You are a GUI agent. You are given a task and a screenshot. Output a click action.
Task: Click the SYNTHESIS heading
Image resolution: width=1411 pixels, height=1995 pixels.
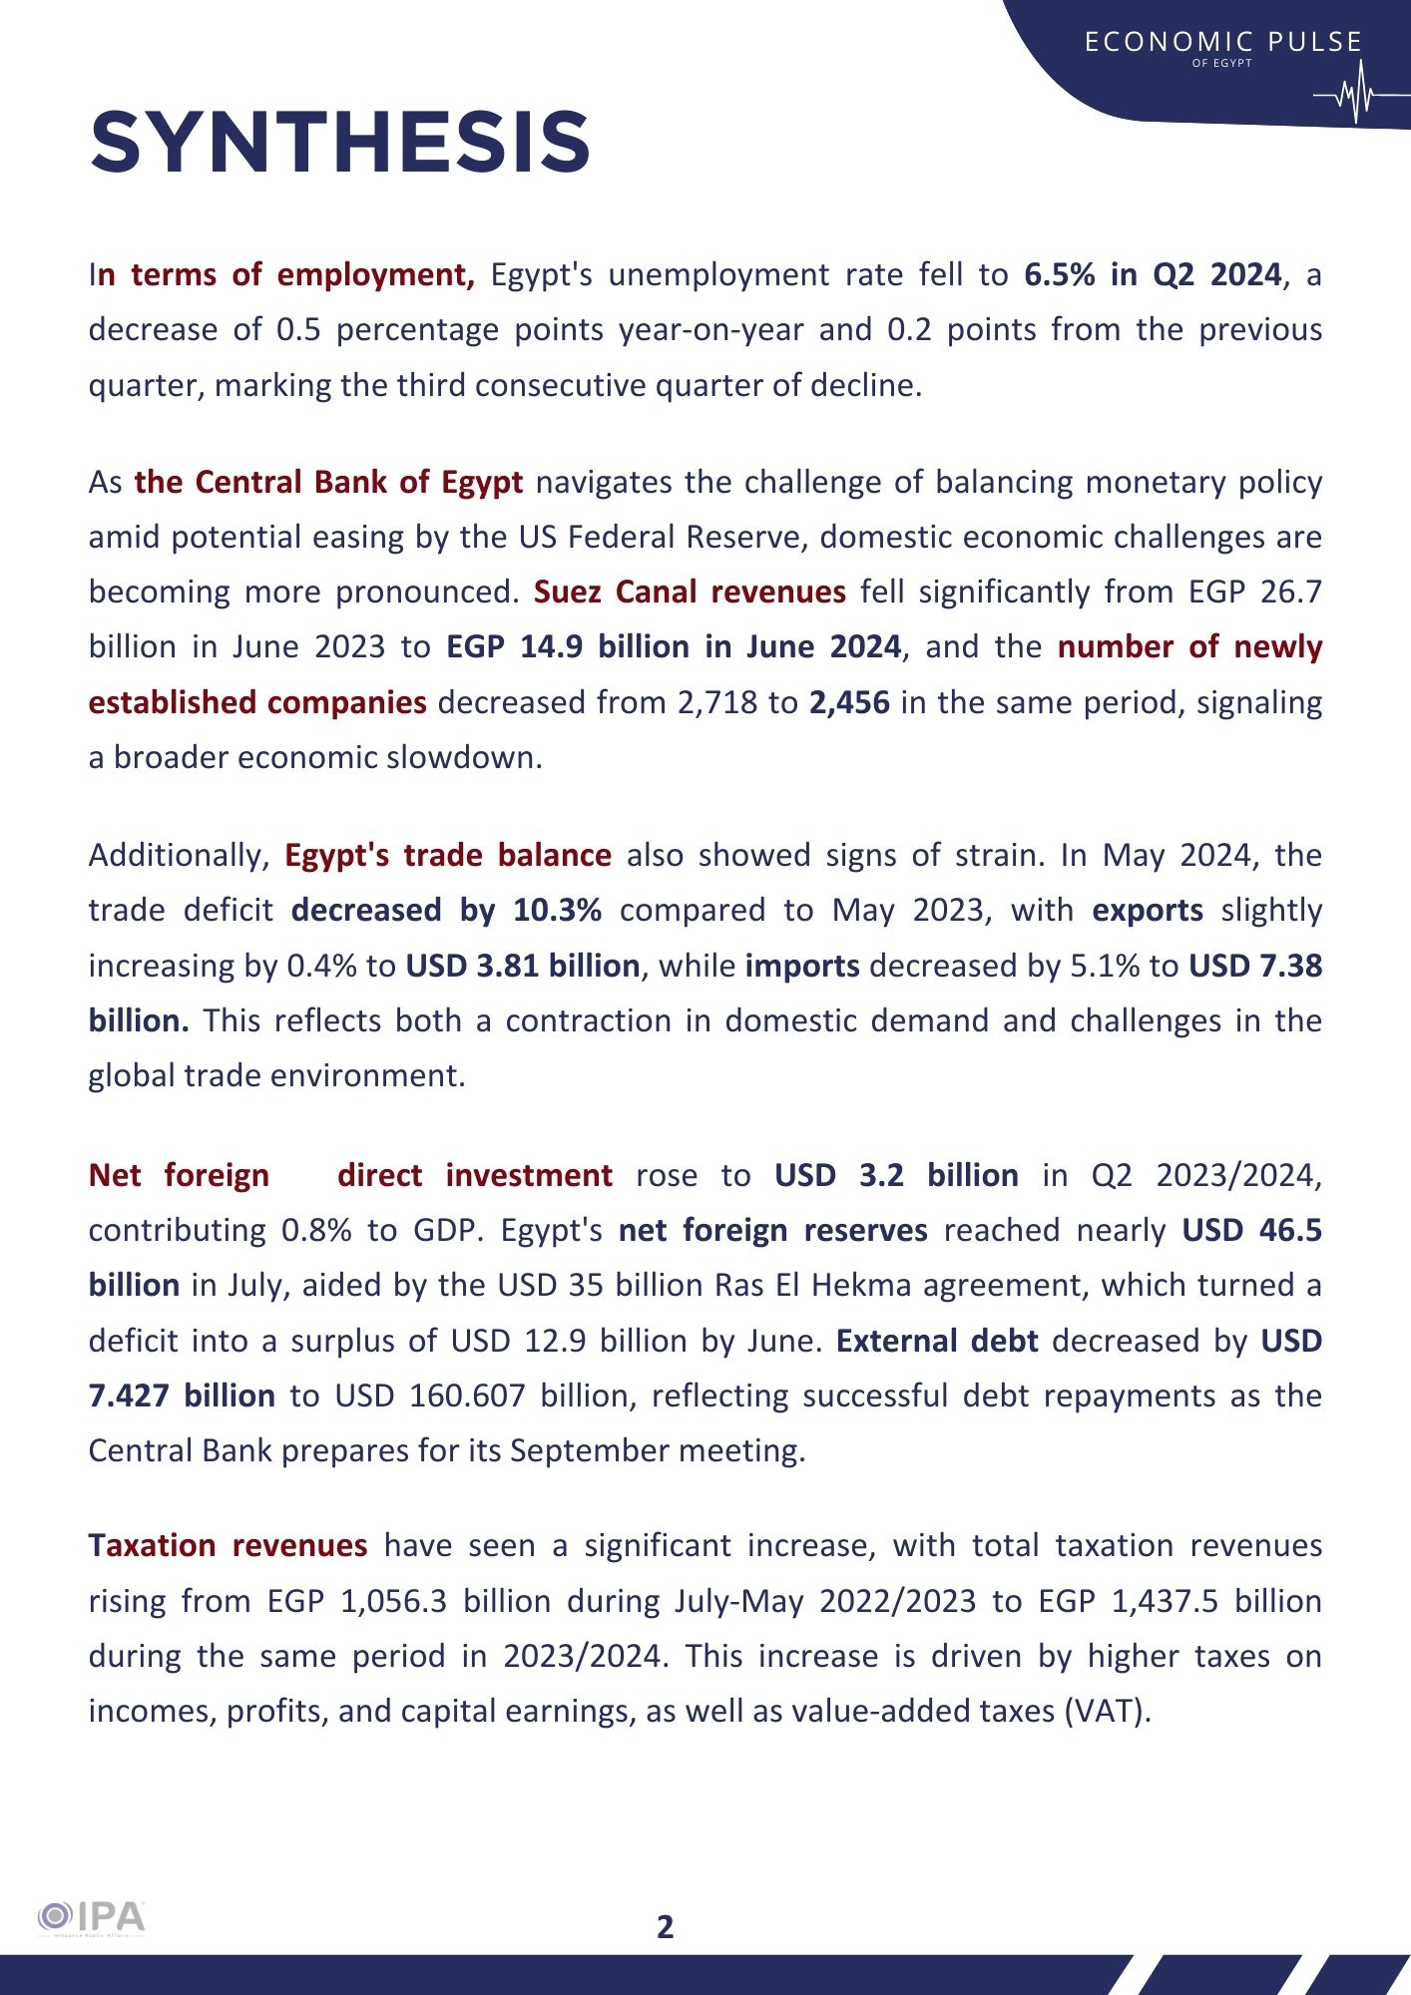point(340,143)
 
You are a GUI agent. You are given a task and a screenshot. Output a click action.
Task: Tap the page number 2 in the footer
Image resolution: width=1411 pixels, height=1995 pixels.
point(666,1926)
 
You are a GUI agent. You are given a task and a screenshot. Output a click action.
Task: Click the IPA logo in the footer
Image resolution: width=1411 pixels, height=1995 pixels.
point(92,1917)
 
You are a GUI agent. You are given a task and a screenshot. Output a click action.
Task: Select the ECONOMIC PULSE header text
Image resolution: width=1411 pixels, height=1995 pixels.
point(1222,42)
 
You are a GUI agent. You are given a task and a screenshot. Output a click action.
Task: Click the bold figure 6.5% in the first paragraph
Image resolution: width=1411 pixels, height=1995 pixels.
point(1060,274)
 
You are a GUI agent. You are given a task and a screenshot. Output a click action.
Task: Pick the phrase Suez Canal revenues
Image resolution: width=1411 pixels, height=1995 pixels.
point(690,592)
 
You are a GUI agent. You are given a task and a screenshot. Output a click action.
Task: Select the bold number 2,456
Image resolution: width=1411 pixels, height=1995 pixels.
point(849,702)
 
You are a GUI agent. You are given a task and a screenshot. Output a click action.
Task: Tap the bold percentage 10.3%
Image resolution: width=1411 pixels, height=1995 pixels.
point(557,910)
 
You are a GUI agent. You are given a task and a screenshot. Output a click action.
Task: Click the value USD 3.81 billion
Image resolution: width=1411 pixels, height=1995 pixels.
point(522,966)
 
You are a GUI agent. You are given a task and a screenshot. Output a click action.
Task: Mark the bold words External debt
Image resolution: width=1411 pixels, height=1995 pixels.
point(937,1341)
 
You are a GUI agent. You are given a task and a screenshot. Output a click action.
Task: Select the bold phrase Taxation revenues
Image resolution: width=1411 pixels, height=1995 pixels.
point(228,1545)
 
